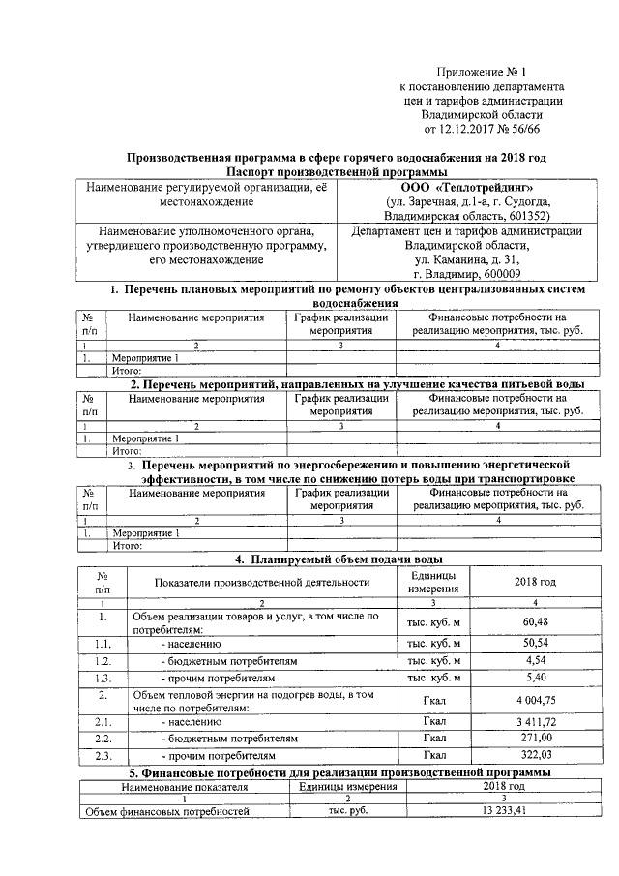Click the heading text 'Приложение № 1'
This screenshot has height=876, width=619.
(481, 72)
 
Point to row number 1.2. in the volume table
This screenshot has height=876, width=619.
(102, 660)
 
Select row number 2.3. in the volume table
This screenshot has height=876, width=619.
(102, 755)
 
